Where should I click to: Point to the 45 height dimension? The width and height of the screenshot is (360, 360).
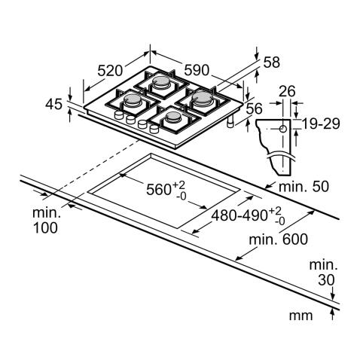coord(52,105)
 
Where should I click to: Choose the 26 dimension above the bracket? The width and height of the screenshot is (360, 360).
coord(285,92)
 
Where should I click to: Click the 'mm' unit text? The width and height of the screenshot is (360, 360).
coord(301,315)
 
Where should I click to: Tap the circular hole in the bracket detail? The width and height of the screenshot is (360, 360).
coord(282,129)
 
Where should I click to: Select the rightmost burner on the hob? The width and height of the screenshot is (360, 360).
coord(204,98)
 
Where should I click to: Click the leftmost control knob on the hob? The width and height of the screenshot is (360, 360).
coord(118,117)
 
